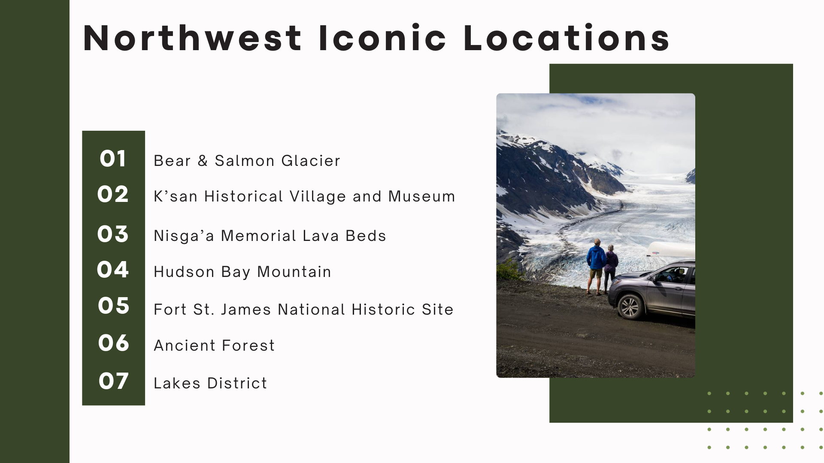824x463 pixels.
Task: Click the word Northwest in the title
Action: click(192, 39)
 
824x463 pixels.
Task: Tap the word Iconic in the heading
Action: click(383, 39)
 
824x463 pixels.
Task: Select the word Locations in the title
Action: click(566, 39)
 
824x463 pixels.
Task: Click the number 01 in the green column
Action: click(113, 159)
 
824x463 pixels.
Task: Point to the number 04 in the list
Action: click(113, 270)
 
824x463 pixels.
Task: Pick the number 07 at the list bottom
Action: click(113, 381)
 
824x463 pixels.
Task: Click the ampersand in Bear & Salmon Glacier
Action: click(203, 161)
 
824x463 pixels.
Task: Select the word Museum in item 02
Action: click(421, 197)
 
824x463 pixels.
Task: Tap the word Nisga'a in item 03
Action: click(184, 236)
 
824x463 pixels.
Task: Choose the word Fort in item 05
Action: click(170, 310)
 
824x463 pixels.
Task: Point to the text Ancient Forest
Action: click(214, 346)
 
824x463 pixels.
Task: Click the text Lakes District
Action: click(210, 383)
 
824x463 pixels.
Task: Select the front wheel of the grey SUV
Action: click(630, 307)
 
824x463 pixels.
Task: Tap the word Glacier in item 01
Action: click(311, 161)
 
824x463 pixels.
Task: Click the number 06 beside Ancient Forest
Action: click(113, 343)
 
